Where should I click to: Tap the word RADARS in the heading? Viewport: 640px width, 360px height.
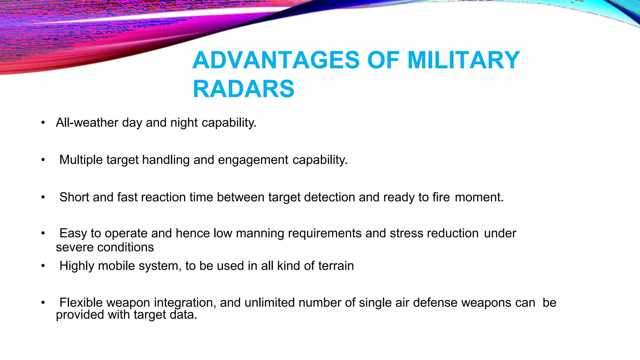pyautogui.click(x=243, y=89)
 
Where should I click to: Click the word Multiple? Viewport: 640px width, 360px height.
pyautogui.click(x=81, y=160)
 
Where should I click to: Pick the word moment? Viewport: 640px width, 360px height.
pyautogui.click(x=479, y=197)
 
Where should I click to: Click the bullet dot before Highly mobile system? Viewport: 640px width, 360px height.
pyautogui.click(x=43, y=266)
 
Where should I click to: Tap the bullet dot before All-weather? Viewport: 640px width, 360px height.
pyautogui.click(x=43, y=123)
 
